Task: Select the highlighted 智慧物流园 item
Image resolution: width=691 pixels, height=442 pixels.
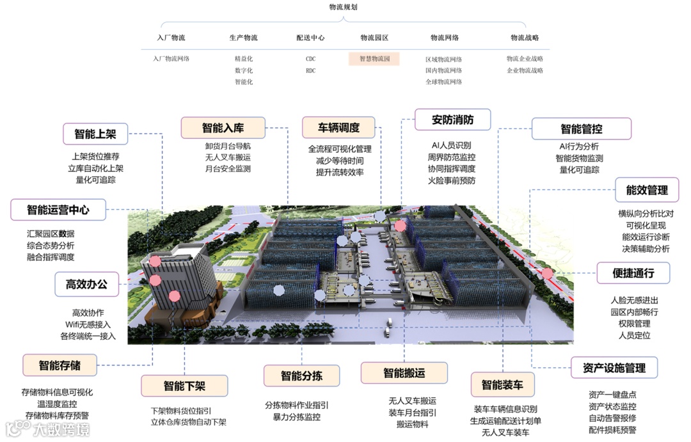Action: coord(374,59)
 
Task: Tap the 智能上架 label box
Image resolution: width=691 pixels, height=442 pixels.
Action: coord(95,134)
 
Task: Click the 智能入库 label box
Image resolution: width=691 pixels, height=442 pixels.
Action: coord(223,127)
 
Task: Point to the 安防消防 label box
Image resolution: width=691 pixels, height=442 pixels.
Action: coord(452,120)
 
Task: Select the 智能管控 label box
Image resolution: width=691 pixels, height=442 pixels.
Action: coord(581,129)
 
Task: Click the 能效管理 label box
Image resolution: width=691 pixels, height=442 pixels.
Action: coord(646,190)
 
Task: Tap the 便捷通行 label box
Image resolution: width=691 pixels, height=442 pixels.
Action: coord(633,273)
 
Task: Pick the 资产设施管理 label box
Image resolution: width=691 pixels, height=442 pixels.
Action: coord(614,368)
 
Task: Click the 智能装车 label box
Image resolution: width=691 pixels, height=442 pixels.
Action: coord(502,385)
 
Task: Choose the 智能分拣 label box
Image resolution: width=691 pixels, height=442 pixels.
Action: coord(301,375)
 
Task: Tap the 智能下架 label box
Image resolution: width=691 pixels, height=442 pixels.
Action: coord(184,386)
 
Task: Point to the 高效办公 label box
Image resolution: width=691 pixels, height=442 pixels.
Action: coord(86,285)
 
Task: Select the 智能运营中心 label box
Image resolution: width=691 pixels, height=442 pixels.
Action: coord(58,209)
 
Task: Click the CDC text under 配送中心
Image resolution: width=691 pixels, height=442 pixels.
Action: coord(310,59)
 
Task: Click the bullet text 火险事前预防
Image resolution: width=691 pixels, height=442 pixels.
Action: coord(452,180)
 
